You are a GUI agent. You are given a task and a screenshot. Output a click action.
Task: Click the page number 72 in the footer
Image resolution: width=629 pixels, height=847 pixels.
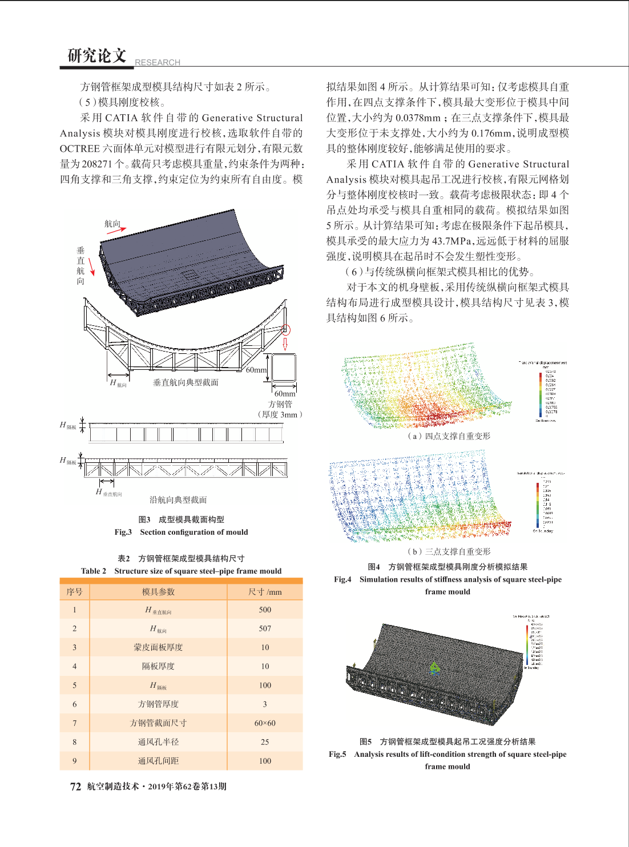[75, 786]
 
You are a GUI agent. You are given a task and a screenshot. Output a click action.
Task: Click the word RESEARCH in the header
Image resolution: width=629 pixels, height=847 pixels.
[158, 62]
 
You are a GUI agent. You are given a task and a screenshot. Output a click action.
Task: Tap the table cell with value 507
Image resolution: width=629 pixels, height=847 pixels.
[265, 628]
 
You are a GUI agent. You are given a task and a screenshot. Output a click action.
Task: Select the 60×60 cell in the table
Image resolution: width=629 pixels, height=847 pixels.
[265, 723]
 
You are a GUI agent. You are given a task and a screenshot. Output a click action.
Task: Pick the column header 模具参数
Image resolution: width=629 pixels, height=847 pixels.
[158, 592]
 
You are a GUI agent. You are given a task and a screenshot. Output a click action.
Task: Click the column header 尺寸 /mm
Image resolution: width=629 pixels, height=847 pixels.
[265, 592]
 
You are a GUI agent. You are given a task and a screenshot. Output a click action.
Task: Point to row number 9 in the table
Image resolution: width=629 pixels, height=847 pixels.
[74, 761]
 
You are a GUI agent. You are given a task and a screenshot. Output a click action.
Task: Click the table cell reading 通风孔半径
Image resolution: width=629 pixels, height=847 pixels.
[158, 742]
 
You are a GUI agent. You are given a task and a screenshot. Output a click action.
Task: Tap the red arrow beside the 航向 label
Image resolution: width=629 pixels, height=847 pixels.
[116, 231]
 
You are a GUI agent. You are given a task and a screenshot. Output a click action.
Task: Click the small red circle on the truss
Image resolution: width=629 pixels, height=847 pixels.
[286, 330]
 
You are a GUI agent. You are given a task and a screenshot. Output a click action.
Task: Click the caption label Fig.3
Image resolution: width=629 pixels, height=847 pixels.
[123, 532]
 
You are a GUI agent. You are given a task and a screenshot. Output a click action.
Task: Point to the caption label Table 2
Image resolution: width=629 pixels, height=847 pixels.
[94, 571]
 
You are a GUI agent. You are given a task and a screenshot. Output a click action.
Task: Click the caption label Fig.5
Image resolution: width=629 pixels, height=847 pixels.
[337, 754]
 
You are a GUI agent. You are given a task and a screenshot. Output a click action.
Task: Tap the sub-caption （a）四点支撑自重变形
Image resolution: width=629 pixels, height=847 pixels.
[448, 436]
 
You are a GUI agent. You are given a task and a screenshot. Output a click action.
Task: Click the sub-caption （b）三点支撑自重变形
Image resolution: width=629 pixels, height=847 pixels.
[448, 551]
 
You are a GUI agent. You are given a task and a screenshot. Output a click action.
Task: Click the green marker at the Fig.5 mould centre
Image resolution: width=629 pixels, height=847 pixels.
[434, 667]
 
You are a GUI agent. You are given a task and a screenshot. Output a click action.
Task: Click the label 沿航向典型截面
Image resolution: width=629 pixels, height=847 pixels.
[178, 500]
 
